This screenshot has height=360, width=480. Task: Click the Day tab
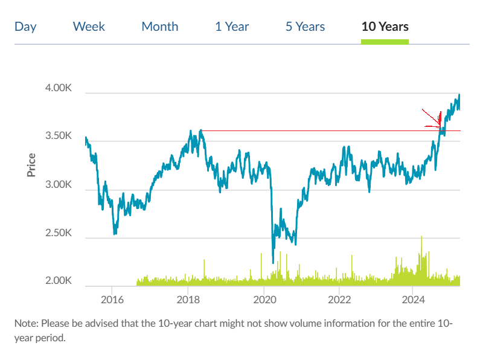point(25,27)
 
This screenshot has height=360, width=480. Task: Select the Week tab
point(89,27)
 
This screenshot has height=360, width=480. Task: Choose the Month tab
point(159,27)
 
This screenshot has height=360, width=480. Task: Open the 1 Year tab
point(232,27)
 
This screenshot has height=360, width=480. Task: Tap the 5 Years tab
point(305,27)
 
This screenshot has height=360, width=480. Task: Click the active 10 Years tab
point(385,27)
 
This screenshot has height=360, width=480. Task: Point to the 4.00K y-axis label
point(59,88)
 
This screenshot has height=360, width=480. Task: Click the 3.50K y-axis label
point(59,137)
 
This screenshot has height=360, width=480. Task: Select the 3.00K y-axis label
point(59,185)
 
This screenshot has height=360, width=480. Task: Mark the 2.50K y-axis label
point(59,233)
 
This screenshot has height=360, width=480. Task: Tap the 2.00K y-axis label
point(59,281)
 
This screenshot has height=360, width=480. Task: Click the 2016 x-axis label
point(112,300)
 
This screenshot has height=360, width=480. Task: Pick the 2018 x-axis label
point(188,300)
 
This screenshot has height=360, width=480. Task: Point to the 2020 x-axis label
point(264,300)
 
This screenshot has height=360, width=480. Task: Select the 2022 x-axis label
point(339,300)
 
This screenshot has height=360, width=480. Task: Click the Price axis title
point(31,166)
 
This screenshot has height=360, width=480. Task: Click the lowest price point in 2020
point(273,263)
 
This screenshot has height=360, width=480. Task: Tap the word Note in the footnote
point(26,324)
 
